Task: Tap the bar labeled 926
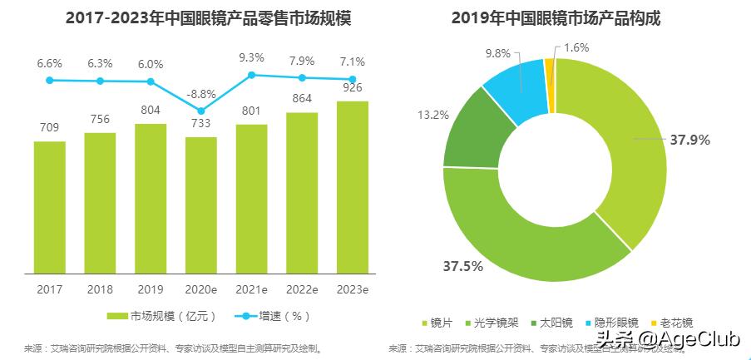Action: pos(353,186)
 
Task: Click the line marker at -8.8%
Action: pos(201,111)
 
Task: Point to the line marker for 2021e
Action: pos(252,75)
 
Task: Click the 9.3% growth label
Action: pos(251,57)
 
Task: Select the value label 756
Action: pos(100,119)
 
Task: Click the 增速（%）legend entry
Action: pos(274,316)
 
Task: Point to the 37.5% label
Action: pos(462,267)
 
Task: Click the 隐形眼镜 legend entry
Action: pos(611,323)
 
